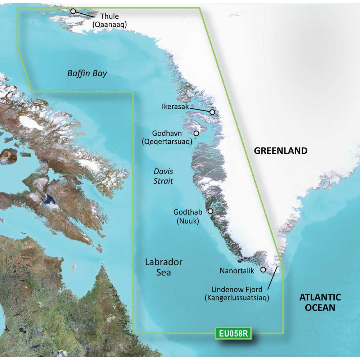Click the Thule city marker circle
(73, 11)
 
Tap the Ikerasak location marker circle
(212, 112)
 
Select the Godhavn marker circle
(196, 133)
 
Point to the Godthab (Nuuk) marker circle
(210, 211)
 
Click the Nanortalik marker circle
(263, 269)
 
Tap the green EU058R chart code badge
(233, 333)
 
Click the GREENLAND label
(281, 151)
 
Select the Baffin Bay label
(87, 74)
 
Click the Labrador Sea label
(163, 267)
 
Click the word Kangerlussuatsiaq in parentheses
(237, 298)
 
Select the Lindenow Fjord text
(237, 289)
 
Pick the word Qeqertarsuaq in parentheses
(167, 141)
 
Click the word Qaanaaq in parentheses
(110, 24)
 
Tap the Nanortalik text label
(237, 270)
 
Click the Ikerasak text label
(175, 107)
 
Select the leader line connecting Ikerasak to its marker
(200, 109)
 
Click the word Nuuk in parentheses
(188, 221)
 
